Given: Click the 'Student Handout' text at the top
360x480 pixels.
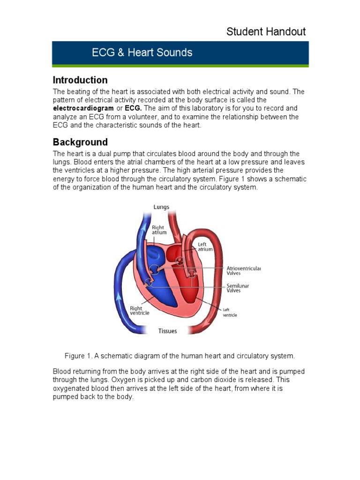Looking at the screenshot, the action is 266,32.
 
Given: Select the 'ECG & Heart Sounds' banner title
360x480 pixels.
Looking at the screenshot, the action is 142,52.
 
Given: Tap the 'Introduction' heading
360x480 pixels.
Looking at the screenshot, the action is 80,80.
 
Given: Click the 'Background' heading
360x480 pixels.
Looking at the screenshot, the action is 80,142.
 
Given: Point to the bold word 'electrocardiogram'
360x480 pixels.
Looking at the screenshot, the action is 83,108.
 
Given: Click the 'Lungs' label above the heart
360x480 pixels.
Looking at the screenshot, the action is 161,207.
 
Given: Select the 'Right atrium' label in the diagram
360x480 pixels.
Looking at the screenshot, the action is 158,230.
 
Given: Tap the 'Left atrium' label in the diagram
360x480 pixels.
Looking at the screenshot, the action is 205,247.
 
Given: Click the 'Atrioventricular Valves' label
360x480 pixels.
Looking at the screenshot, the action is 240,270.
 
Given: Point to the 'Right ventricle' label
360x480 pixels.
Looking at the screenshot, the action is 139,311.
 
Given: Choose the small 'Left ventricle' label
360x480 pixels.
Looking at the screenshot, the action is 230,312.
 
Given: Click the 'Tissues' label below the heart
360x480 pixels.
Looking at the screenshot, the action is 167,331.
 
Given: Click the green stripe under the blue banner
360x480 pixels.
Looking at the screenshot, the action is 180,66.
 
